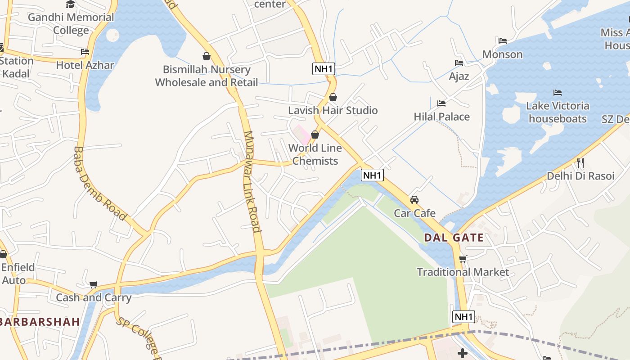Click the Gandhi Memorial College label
pyautogui.click(x=71, y=24)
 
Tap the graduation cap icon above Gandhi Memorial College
pyautogui.click(x=71, y=4)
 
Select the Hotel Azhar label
pyautogui.click(x=85, y=65)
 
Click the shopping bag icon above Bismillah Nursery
pyautogui.click(x=207, y=56)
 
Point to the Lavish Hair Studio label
pyautogui.click(x=333, y=110)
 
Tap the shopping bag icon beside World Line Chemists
pyautogui.click(x=315, y=135)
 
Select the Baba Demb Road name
pyautogui.click(x=99, y=183)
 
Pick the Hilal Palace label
pyautogui.click(x=441, y=117)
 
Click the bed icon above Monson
pyautogui.click(x=503, y=41)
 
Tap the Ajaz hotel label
pyautogui.click(x=459, y=76)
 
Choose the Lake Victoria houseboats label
pyautogui.click(x=558, y=112)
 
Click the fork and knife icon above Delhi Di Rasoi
pyautogui.click(x=580, y=162)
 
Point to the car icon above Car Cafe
pyautogui.click(x=414, y=199)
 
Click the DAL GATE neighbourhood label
pyautogui.click(x=454, y=238)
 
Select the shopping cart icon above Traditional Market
pyautogui.click(x=463, y=259)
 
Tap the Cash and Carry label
pyautogui.click(x=94, y=297)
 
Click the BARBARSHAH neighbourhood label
pyautogui.click(x=40, y=322)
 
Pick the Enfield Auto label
pyautogui.click(x=18, y=274)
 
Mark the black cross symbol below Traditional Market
pyautogui.click(x=463, y=353)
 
